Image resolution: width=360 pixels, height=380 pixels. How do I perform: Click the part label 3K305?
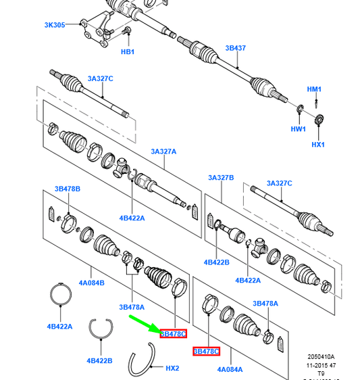(x=55, y=25)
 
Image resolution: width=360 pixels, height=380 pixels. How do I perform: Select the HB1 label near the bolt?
(x=128, y=51)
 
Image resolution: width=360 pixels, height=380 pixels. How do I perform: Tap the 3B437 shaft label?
(x=236, y=48)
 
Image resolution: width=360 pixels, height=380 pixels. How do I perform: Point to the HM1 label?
(x=315, y=89)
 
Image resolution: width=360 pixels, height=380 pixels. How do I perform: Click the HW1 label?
(x=299, y=128)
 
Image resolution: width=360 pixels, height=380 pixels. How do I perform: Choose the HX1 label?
(x=318, y=144)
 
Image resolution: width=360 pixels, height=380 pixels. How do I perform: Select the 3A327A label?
(x=163, y=151)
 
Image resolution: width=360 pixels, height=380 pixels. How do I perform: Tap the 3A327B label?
(x=221, y=177)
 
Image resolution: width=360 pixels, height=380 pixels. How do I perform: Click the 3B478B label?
(x=68, y=188)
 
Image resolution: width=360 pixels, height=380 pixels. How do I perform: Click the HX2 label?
(x=172, y=368)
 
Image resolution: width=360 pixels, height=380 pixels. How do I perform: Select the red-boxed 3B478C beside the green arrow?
(x=173, y=333)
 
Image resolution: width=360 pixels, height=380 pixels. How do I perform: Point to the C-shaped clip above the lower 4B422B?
(x=100, y=329)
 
